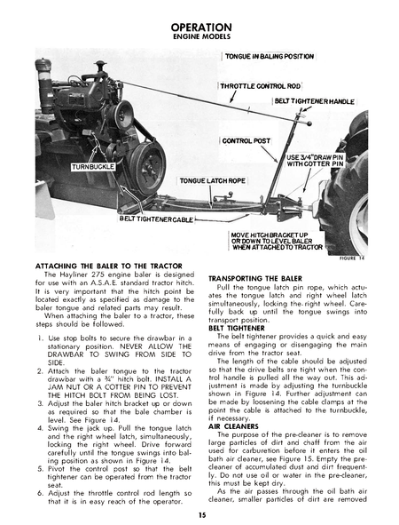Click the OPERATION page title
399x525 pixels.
point(200,28)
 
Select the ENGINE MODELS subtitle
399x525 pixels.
point(200,39)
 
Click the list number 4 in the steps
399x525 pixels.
point(40,427)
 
